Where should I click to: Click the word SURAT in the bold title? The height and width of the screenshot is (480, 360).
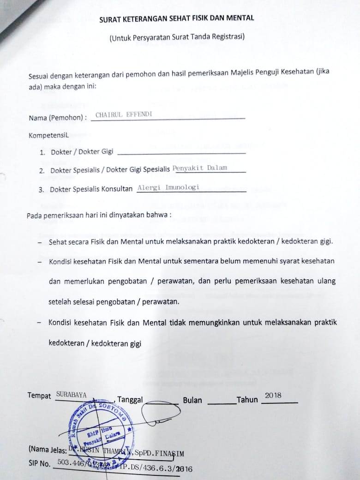tap(109, 19)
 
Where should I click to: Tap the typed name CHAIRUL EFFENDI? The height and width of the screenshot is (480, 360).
tap(123, 114)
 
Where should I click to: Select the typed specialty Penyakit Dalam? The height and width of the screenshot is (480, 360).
tap(200, 168)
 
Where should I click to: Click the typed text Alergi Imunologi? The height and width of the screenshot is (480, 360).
tap(168, 188)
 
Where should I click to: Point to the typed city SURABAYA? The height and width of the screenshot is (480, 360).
tap(71, 395)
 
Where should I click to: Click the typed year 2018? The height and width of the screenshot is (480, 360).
tap(273, 396)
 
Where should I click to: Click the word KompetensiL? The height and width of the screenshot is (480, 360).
tap(48, 136)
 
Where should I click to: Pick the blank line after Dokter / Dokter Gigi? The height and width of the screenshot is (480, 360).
tap(182, 153)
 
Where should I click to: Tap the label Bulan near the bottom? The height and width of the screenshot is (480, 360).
tap(192, 400)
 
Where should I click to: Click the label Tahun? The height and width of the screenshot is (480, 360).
tap(247, 400)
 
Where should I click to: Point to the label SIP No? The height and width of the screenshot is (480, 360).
tap(39, 463)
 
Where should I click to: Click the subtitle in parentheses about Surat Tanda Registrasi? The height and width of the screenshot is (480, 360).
tap(177, 37)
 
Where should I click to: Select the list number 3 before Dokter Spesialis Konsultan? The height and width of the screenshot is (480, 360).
tap(41, 190)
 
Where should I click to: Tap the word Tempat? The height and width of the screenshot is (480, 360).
tap(39, 396)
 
